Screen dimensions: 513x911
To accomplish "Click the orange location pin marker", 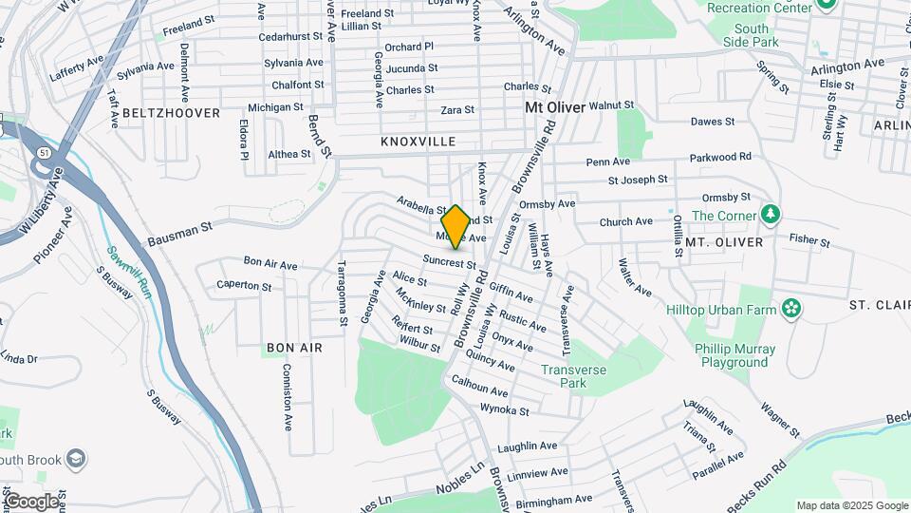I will click(455, 226).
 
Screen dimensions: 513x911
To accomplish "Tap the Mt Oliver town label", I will click(555, 108).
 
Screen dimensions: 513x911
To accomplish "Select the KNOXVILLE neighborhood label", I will click(418, 142).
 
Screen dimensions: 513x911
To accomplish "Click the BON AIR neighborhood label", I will click(294, 348).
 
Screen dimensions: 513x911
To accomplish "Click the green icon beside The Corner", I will click(771, 215).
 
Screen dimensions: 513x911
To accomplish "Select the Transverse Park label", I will click(572, 376).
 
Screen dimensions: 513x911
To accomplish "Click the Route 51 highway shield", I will click(45, 152).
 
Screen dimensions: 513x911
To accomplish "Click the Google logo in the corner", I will click(31, 501).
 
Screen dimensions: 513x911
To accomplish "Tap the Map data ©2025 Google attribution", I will click(852, 505).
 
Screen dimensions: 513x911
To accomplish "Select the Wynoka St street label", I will click(505, 411).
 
